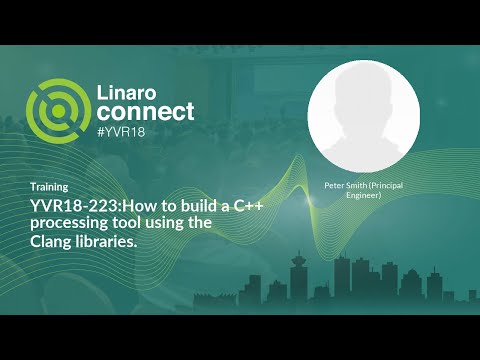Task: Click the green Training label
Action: [49, 187]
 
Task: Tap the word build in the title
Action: [195, 205]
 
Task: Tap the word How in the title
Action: [136, 205]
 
